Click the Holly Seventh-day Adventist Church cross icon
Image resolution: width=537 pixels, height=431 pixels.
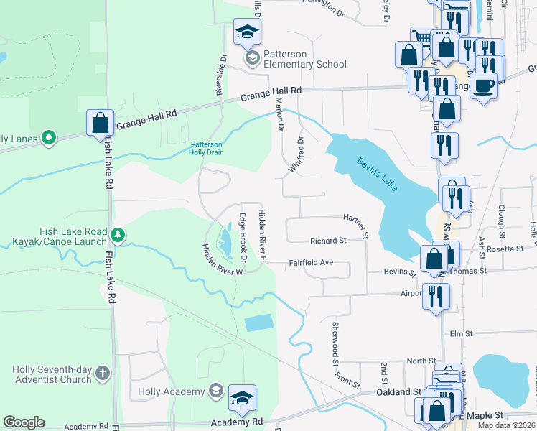tap(103, 374)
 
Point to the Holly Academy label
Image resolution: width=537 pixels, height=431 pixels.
tap(171, 391)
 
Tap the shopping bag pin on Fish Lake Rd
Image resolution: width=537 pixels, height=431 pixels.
tap(100, 123)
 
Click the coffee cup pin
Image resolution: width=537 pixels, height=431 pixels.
tap(483, 86)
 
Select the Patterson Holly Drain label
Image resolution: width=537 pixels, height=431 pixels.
tap(207, 148)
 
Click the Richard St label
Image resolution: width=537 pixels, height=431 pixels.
tap(328, 241)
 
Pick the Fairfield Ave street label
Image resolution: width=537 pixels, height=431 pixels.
tap(311, 263)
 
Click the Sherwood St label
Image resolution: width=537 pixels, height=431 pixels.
tap(335, 345)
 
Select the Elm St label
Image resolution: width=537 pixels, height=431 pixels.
tap(460, 334)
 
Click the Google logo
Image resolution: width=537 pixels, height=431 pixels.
tap(24, 422)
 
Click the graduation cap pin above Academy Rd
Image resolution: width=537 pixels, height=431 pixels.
tap(243, 399)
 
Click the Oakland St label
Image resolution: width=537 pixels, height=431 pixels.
tap(398, 392)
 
